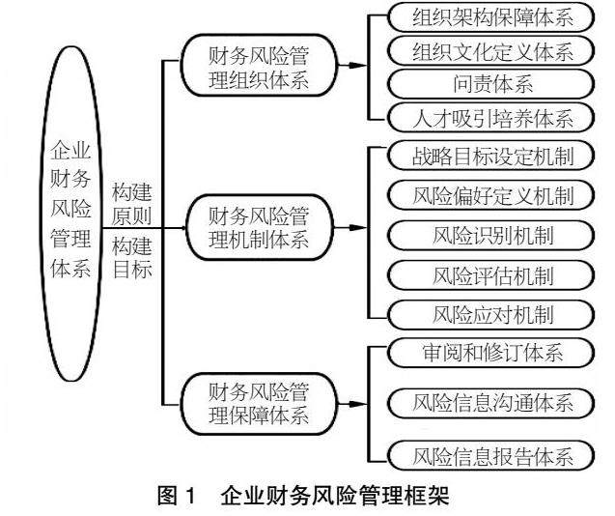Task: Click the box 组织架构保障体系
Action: (492, 15)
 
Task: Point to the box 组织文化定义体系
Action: (492, 49)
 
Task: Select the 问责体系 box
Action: (492, 83)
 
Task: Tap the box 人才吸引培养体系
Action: (492, 118)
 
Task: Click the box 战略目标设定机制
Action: (492, 157)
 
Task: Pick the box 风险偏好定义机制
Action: (492, 195)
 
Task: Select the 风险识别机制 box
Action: (492, 235)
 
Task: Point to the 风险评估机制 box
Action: (492, 274)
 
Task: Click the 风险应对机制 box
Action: (492, 313)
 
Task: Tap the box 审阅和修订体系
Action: (492, 352)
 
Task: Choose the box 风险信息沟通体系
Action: (492, 401)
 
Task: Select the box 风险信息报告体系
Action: (492, 453)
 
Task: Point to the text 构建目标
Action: (132, 256)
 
